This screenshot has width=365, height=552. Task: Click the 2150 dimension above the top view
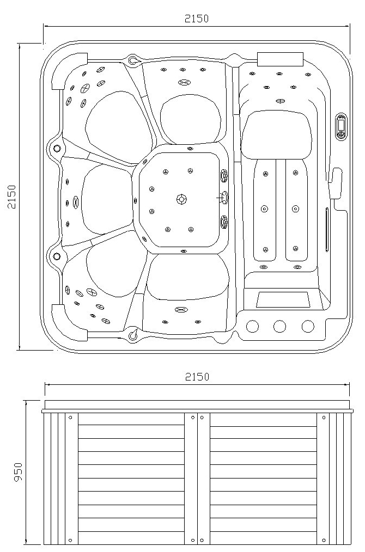[197, 19]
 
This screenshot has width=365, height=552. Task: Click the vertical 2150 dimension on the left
[12, 197]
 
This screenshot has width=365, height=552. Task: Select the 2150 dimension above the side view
[197, 377]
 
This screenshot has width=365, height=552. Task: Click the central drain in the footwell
[181, 199]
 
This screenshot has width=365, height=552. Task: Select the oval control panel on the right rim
[341, 127]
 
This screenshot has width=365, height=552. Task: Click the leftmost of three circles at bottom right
[252, 326]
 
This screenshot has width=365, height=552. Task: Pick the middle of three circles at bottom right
[279, 326]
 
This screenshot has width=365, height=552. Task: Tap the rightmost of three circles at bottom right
[308, 326]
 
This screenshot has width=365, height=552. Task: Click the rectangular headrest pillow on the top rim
[281, 59]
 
